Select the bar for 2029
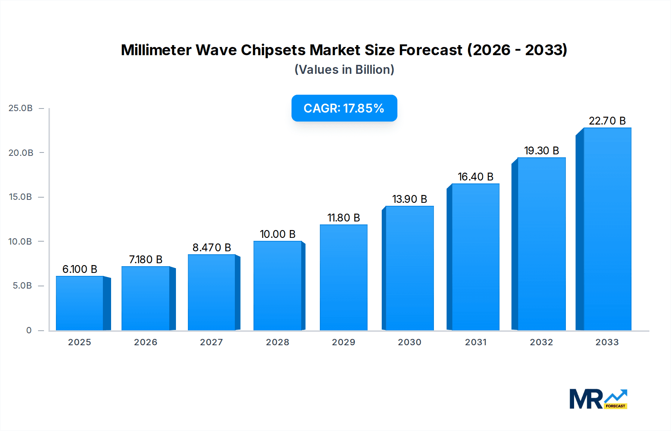pyautogui.click(x=344, y=278)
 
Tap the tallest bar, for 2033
pyautogui.click(x=607, y=229)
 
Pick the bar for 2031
pyautogui.click(x=475, y=257)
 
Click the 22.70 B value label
pyautogui.click(x=607, y=121)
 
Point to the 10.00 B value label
pyautogui.click(x=278, y=234)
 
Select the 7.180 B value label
pyautogui.click(x=146, y=259)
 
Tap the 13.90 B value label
pyautogui.click(x=410, y=199)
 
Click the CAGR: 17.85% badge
pyautogui.click(x=344, y=108)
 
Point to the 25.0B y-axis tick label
pyautogui.click(x=21, y=108)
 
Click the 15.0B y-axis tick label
pyautogui.click(x=21, y=197)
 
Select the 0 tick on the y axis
pyautogui.click(x=29, y=330)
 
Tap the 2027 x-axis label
pyautogui.click(x=211, y=342)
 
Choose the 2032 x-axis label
pyautogui.click(x=541, y=342)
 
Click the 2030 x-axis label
pyautogui.click(x=410, y=342)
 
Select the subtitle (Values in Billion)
pyautogui.click(x=344, y=70)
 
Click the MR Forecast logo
pyautogui.click(x=598, y=399)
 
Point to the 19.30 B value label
pyautogui.click(x=542, y=151)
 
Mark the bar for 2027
pyautogui.click(x=211, y=293)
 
